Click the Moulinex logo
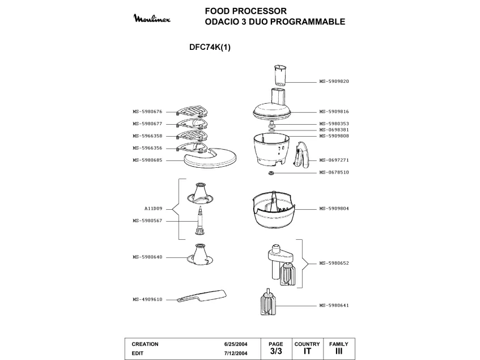155,19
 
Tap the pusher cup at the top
280,75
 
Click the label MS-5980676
147,112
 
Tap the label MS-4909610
147,299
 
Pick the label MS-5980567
147,221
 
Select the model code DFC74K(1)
210,48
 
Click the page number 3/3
277,351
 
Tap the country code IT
307,351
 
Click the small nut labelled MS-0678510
271,173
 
